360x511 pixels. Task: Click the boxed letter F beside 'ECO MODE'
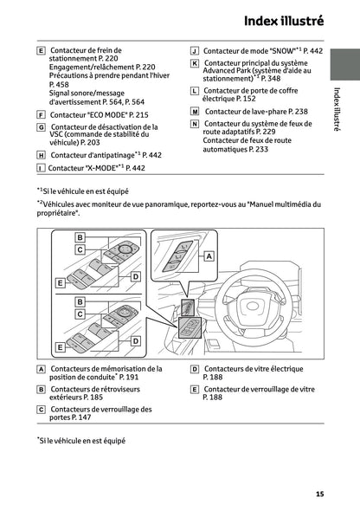point(42,114)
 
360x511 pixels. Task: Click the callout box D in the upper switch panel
point(135,275)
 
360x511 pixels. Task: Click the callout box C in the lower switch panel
point(79,314)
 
